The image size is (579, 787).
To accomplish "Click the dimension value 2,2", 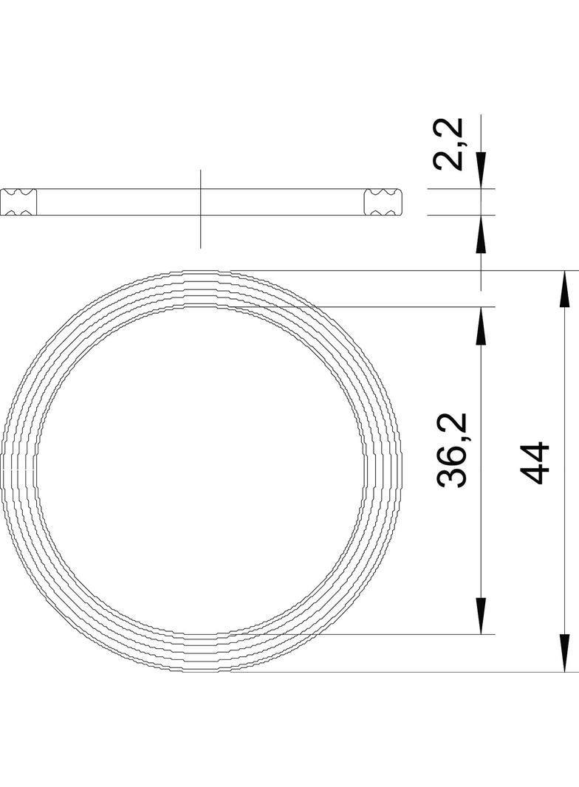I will pyautogui.click(x=450, y=145).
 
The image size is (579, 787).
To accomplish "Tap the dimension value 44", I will pyautogui.click(x=535, y=463).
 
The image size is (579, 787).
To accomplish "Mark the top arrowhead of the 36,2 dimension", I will pyautogui.click(x=481, y=326).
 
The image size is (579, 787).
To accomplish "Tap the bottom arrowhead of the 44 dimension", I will pyautogui.click(x=565, y=653).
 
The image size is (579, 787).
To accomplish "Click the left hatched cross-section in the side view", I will pyautogui.click(x=18, y=202).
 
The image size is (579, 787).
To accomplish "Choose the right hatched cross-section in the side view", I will pyautogui.click(x=383, y=202).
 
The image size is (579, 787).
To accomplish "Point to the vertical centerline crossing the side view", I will pyautogui.click(x=200, y=229).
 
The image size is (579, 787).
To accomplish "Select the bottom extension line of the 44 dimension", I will pyautogui.click(x=443, y=672).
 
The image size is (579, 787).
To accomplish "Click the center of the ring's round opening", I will pyautogui.click(x=201, y=471).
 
